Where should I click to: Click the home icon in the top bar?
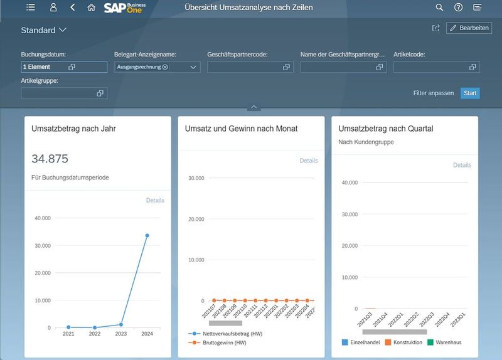click(92, 8)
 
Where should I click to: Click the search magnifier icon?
click(439, 8)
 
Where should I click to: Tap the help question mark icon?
click(458, 8)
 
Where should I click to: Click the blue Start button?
click(470, 93)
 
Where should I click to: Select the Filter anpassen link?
click(433, 93)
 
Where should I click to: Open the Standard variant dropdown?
click(44, 30)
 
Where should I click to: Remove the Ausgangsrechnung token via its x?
click(165, 67)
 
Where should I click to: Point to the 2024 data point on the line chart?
click(147, 235)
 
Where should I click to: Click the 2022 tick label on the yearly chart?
click(95, 334)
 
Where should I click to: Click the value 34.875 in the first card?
click(50, 159)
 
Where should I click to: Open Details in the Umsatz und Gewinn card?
click(308, 161)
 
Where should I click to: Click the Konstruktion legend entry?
click(403, 342)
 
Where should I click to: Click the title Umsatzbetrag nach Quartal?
click(385, 129)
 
